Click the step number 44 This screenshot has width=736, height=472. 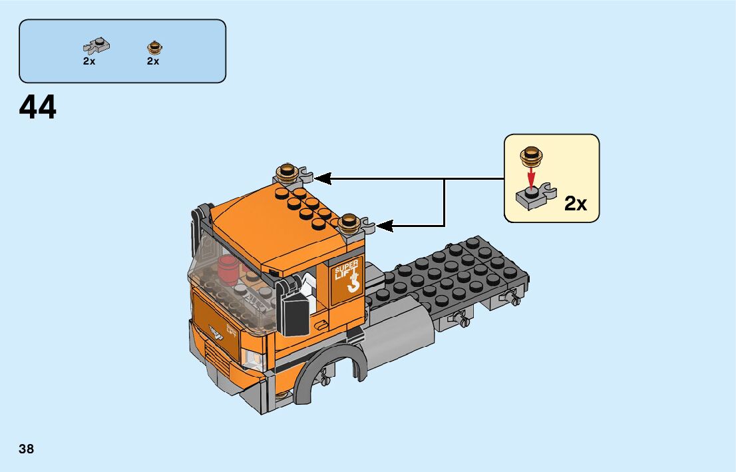tap(38, 107)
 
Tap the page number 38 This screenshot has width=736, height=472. tap(27, 449)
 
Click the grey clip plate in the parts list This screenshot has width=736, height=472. tap(96, 47)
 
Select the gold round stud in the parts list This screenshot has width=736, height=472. tap(154, 47)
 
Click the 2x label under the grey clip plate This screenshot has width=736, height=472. tap(89, 61)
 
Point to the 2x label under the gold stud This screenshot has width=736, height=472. tap(153, 61)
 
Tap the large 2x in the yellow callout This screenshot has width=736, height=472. tap(576, 204)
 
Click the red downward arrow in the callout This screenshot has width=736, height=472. tap(530, 177)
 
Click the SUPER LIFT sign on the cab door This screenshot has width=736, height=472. tap(348, 276)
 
